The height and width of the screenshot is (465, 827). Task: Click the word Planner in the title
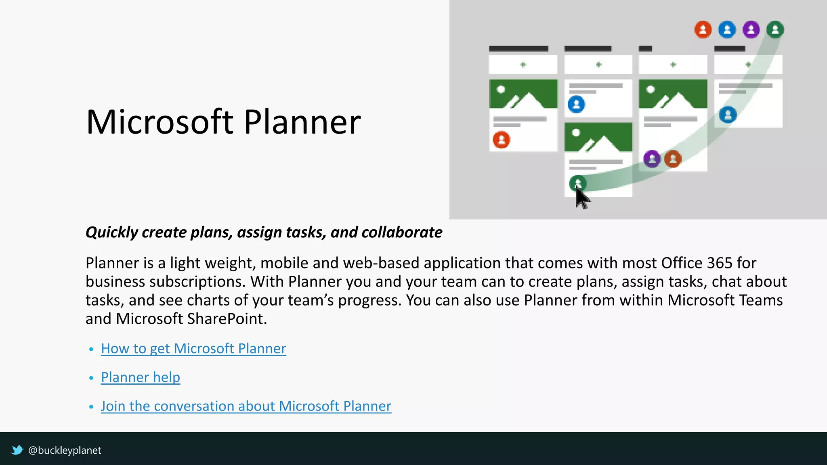click(x=302, y=122)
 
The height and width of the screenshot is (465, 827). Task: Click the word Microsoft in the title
click(x=160, y=122)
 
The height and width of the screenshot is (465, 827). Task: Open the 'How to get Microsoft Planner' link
click(x=193, y=348)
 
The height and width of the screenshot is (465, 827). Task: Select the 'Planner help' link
click(x=141, y=377)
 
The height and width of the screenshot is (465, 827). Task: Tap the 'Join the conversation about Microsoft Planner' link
click(x=246, y=406)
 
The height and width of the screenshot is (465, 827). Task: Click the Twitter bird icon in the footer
click(x=17, y=450)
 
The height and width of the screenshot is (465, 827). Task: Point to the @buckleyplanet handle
click(x=65, y=450)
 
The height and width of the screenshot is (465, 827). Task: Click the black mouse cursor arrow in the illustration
click(x=582, y=198)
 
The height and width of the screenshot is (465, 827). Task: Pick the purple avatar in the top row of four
click(x=751, y=29)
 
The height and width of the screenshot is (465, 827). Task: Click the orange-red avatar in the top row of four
click(x=703, y=29)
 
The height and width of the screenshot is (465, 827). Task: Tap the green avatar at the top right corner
click(x=775, y=29)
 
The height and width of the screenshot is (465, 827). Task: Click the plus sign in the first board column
click(x=523, y=65)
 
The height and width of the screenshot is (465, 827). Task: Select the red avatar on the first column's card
click(x=502, y=140)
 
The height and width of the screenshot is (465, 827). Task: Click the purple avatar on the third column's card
click(x=652, y=159)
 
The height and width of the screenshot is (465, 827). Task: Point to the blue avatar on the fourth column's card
click(x=728, y=115)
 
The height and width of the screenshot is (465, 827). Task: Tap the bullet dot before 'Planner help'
click(x=91, y=378)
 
